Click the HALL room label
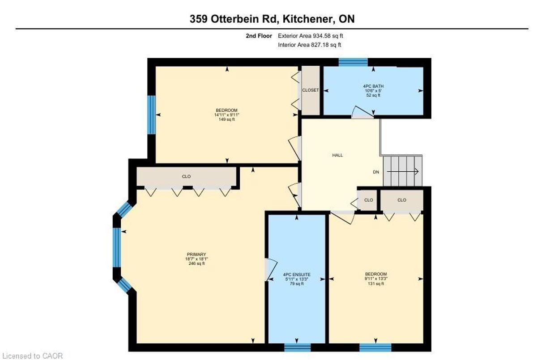(337, 155)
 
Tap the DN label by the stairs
(376, 172)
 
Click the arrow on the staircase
(403, 171)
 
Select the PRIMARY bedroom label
(196, 254)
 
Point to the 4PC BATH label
(373, 86)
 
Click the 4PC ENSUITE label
(297, 275)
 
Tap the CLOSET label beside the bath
(311, 90)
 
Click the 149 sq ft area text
(226, 119)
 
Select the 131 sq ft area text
(376, 284)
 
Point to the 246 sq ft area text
(196, 263)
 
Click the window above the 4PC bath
(353, 62)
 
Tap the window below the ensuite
(297, 347)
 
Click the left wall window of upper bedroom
(152, 115)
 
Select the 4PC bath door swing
(362, 112)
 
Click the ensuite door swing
(271, 270)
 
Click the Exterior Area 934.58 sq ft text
(311, 36)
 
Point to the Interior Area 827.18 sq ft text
(310, 45)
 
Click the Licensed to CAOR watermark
(31, 356)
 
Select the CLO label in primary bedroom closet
(186, 177)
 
